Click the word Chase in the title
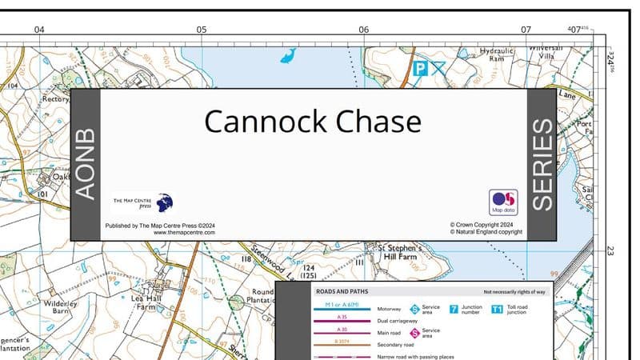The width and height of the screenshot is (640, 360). click(378, 122)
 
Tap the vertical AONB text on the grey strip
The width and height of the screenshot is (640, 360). click(85, 163)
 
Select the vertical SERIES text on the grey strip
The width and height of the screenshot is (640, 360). click(542, 164)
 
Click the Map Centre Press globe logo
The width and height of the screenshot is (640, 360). click(164, 202)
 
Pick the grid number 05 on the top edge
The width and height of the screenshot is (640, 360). click(202, 30)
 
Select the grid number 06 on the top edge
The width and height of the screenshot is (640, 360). click(364, 30)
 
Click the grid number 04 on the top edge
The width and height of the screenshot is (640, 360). click(39, 30)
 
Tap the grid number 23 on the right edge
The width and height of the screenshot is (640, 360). click(610, 250)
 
